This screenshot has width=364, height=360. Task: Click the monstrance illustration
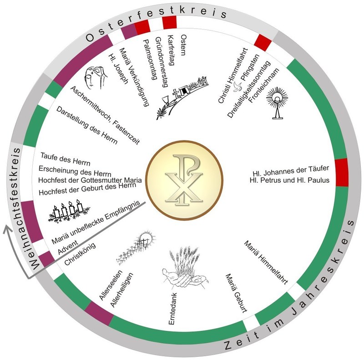(x=277, y=102)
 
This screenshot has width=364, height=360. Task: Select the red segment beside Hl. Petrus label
(x=341, y=173)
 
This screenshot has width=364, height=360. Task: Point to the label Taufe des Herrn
(x=65, y=160)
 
